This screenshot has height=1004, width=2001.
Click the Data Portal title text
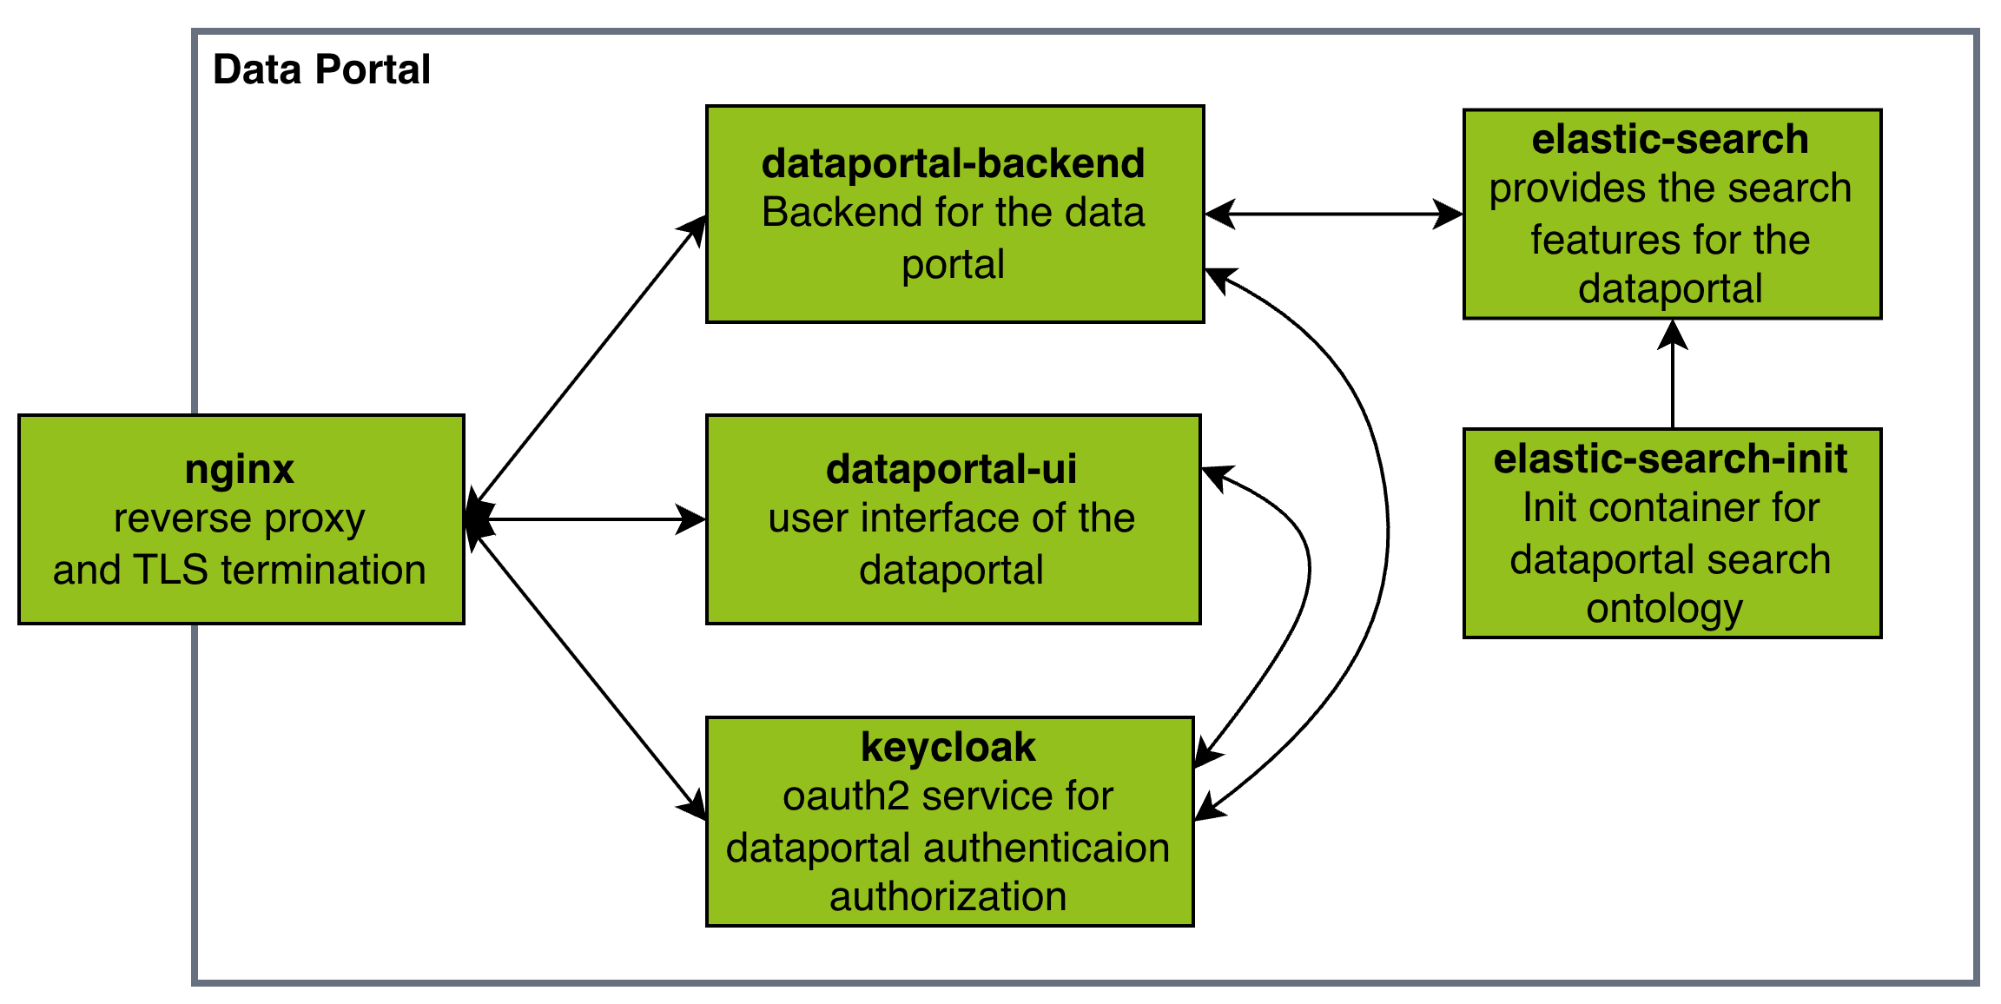click(321, 69)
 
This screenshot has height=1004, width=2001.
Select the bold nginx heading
click(240, 470)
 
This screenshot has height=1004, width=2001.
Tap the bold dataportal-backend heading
click(953, 163)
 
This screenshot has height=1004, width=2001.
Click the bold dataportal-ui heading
click(951, 469)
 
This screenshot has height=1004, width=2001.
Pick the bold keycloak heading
click(948, 747)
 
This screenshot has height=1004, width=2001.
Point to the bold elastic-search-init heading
click(1670, 459)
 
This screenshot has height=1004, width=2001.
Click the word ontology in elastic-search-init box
click(1664, 609)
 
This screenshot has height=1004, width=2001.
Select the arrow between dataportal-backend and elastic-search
click(1333, 214)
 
